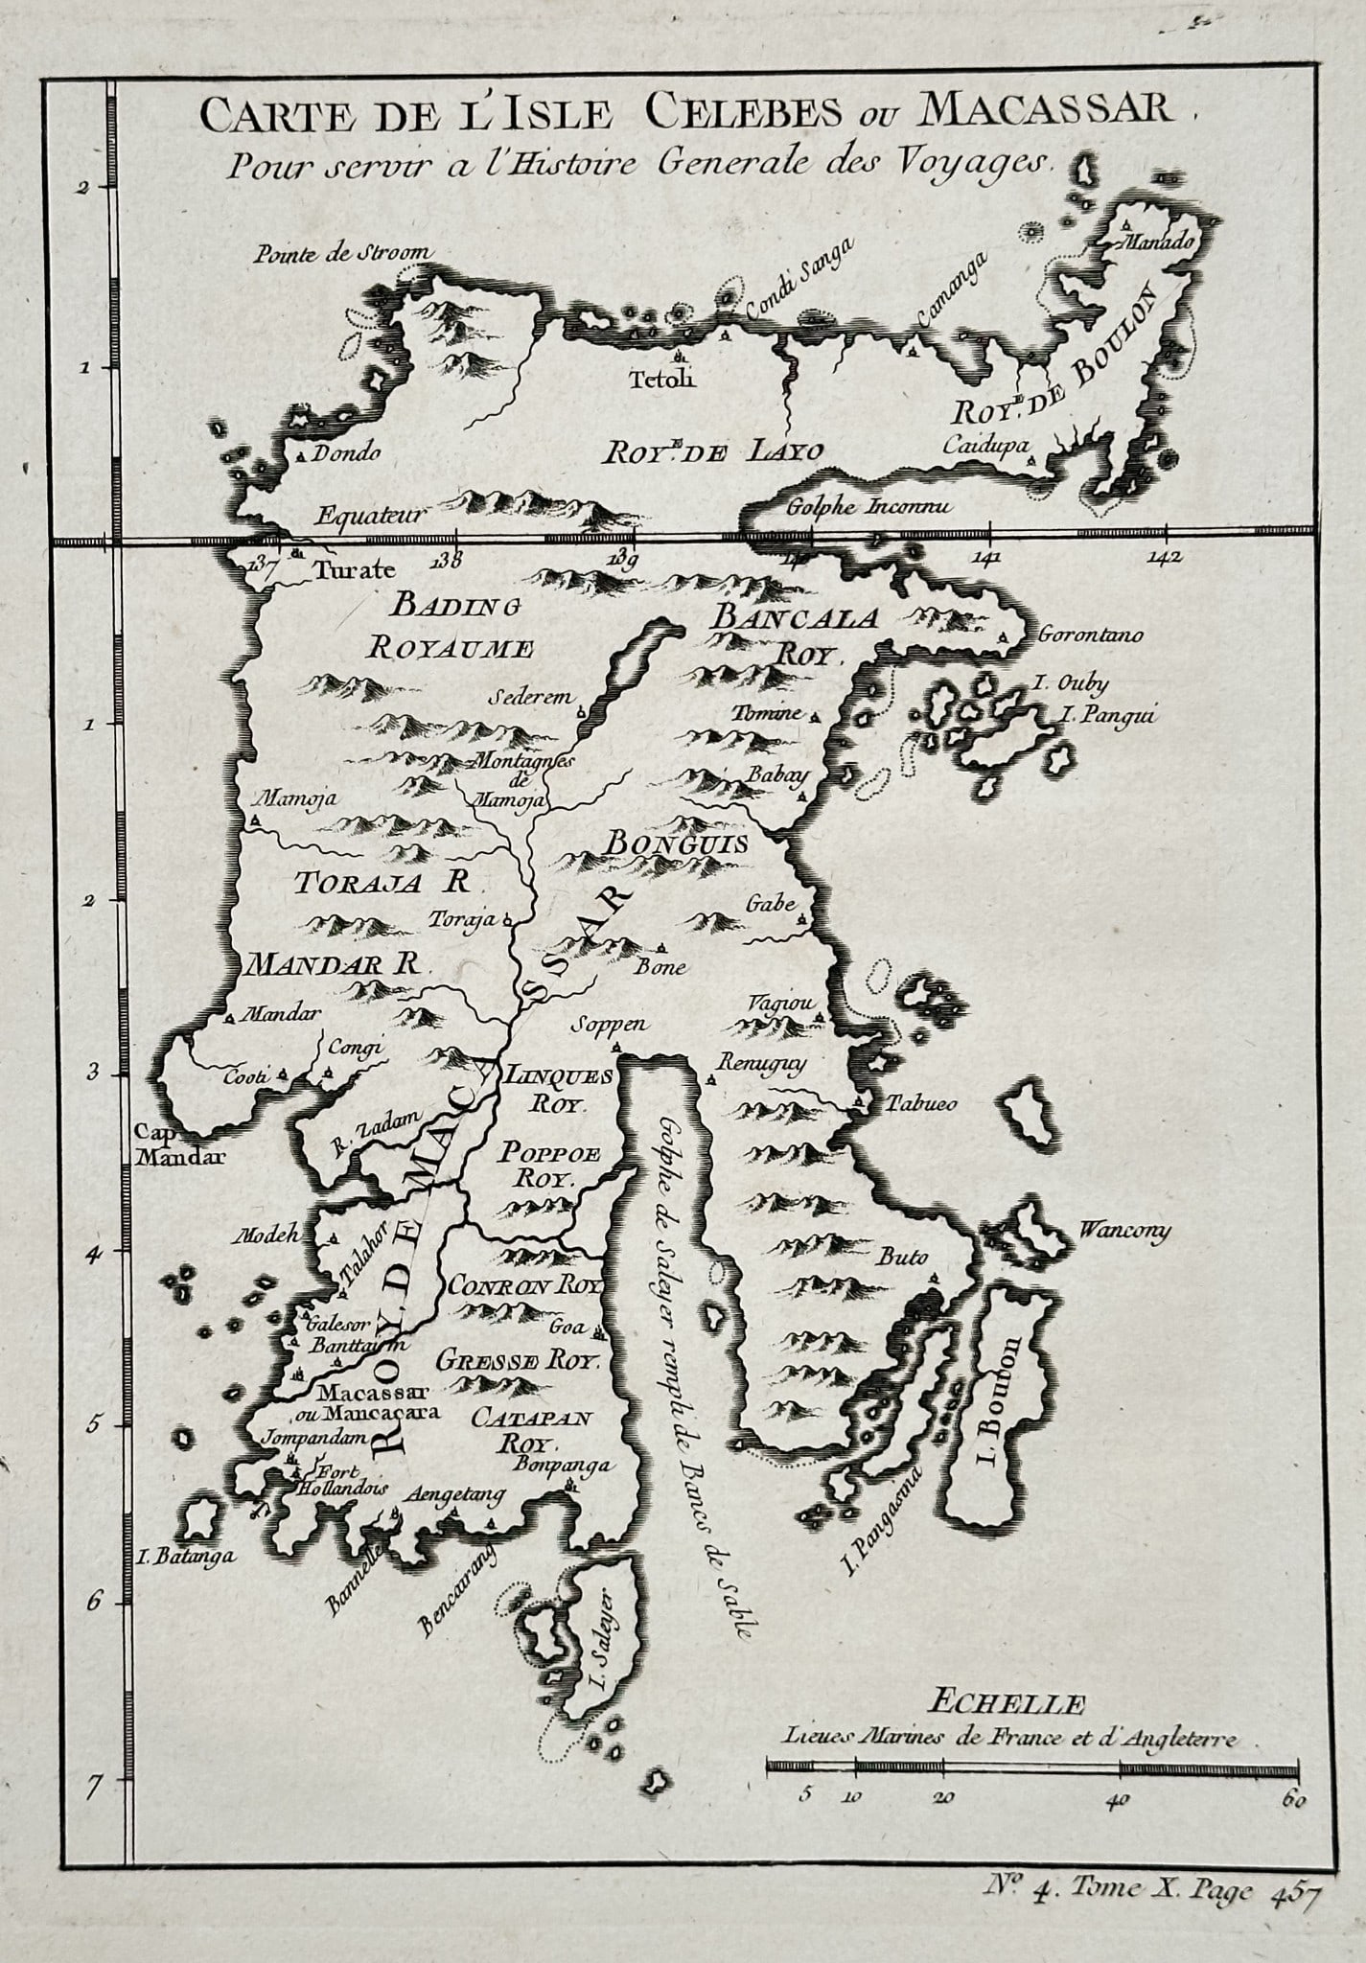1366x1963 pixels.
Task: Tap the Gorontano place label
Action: [x=1089, y=635]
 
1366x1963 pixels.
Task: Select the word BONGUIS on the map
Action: [x=676, y=842]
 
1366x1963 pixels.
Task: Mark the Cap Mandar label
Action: [x=180, y=1145]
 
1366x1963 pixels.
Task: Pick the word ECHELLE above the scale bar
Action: [x=1006, y=1704]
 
